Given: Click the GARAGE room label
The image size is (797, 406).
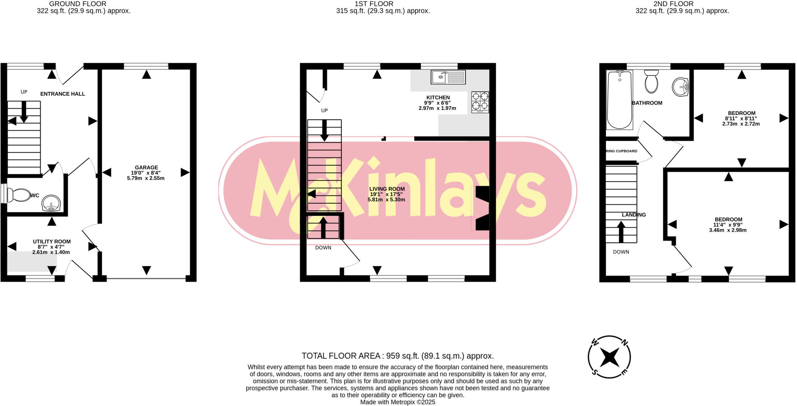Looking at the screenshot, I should click(x=146, y=168).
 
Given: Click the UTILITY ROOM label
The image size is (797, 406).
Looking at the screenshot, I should click(x=52, y=242).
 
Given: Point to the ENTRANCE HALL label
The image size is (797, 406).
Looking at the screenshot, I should click(x=63, y=94).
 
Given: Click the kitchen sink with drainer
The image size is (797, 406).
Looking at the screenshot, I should click(x=448, y=77).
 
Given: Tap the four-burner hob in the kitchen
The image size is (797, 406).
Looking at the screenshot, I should click(x=480, y=102).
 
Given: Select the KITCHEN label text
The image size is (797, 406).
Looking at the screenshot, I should click(x=438, y=97).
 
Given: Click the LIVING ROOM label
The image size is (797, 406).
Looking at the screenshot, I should click(x=387, y=189).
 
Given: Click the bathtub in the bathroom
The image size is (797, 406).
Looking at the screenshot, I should click(x=620, y=100).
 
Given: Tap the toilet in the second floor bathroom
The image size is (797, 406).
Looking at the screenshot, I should click(x=651, y=82).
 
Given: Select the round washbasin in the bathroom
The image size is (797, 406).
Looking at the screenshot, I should click(x=681, y=86).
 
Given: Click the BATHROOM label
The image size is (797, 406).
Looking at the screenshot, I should click(x=647, y=103).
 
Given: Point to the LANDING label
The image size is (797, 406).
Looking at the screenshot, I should click(x=634, y=215).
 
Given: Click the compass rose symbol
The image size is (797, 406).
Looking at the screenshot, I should click(x=609, y=357).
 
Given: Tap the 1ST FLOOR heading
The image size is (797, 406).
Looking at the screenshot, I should click(x=374, y=4).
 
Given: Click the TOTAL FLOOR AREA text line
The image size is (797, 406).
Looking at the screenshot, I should click(x=397, y=356).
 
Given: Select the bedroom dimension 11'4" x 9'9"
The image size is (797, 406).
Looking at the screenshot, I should click(x=728, y=225).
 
